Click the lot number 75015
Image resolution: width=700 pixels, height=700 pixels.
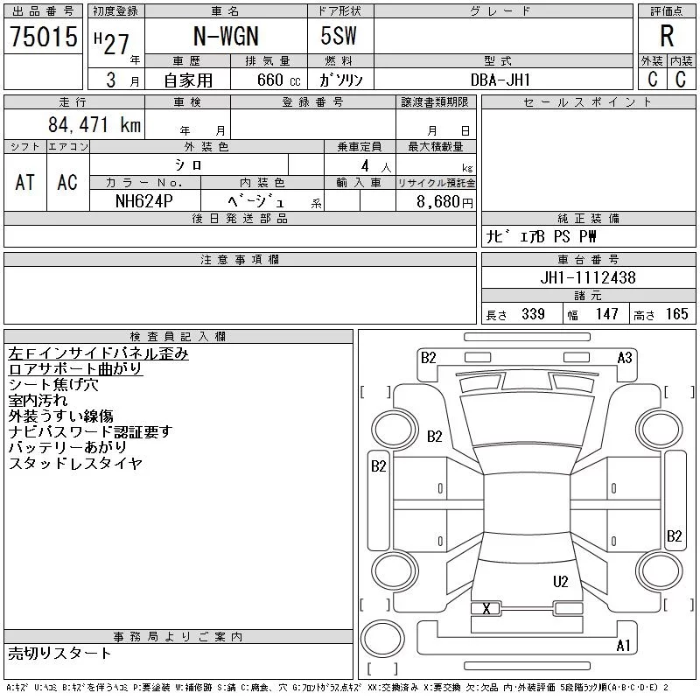[44, 36]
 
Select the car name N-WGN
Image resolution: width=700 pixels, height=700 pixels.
[226, 36]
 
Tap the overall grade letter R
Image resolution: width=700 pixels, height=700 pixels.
[667, 36]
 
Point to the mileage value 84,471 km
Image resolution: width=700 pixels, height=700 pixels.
[94, 124]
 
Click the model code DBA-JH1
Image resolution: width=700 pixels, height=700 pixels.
[500, 80]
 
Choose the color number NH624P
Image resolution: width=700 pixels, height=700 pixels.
[143, 201]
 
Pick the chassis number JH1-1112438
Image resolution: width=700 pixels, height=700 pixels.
[588, 277]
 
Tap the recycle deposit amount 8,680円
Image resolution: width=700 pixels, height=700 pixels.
[444, 202]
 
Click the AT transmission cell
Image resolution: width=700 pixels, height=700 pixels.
[25, 182]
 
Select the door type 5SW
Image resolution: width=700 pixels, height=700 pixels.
[339, 36]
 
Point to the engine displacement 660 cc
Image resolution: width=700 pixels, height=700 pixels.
[278, 80]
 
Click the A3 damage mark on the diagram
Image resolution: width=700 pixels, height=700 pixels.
[625, 358]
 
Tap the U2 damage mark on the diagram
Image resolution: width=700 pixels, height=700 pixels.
[561, 582]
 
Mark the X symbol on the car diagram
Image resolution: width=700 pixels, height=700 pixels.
[486, 608]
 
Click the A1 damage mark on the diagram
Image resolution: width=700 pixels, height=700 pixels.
[623, 646]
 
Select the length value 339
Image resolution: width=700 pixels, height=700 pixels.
[533, 314]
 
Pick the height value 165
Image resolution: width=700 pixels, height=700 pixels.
[676, 314]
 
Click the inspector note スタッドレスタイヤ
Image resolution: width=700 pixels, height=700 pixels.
[75, 464]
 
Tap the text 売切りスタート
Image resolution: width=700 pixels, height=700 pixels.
[59, 653]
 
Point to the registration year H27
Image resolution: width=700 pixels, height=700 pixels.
[112, 43]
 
